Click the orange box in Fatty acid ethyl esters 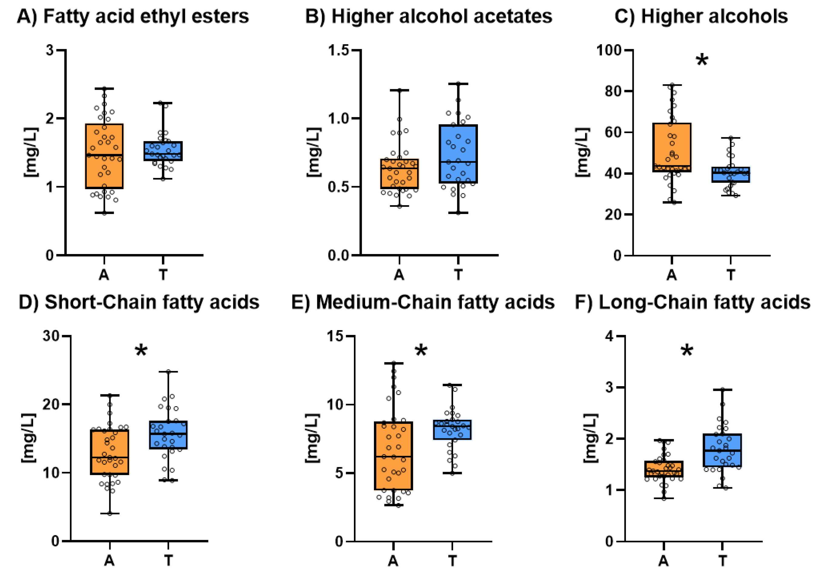coord(104,156)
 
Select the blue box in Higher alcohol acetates coord(458,154)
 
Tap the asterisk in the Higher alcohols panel coord(702,61)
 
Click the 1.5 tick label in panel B coord(338,50)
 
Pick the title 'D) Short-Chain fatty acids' coord(139,302)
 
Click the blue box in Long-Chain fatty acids coord(722,450)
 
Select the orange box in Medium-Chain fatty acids coord(393,456)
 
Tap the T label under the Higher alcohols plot coord(731,275)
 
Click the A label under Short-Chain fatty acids coord(109,561)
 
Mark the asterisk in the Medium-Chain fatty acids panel coord(421,351)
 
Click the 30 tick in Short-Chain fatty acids coord(51,336)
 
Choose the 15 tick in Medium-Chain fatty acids coord(335,336)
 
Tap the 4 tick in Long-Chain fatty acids coord(609,336)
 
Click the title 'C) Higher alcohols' coord(701,16)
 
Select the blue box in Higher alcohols coord(731,175)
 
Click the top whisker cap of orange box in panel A coord(104,89)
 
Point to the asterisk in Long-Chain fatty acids coord(687,351)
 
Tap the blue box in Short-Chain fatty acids coord(168,435)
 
